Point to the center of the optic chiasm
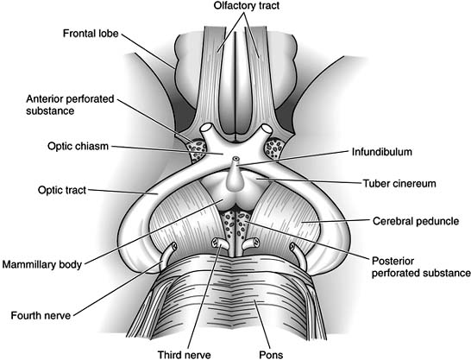(234, 143)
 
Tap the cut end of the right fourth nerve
(294, 248)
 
